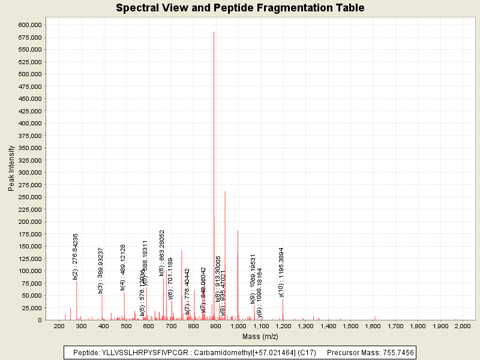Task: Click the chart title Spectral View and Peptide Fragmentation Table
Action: click(240, 8)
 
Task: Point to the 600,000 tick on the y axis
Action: click(29, 25)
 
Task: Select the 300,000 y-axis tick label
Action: click(29, 172)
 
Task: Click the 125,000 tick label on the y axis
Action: click(29, 259)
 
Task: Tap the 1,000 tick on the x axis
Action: click(238, 326)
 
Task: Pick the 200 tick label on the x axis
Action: click(59, 326)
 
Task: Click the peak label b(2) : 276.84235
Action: click(76, 256)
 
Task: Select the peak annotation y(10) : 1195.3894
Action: click(281, 272)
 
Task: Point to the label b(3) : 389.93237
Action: click(101, 271)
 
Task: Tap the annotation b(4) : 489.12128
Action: click(123, 268)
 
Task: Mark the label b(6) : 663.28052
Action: click(162, 253)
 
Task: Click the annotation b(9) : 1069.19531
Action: click(253, 275)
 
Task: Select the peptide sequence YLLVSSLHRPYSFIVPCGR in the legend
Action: click(140, 352)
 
